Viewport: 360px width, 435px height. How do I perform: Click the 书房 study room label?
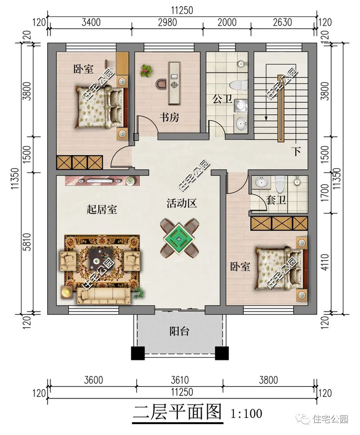(169, 117)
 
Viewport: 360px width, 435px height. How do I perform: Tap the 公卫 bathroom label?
(222, 99)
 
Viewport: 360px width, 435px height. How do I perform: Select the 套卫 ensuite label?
(276, 200)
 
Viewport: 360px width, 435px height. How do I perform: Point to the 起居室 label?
(102, 209)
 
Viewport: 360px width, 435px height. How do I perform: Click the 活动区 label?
(182, 203)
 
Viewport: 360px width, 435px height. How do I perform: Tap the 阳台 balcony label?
(179, 331)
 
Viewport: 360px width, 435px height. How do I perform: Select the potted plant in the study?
(146, 71)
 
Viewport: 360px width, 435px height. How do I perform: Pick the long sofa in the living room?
(103, 296)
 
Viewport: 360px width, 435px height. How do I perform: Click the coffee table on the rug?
(101, 258)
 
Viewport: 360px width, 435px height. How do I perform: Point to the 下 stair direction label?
(297, 152)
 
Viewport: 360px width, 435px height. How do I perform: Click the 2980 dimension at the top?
(167, 23)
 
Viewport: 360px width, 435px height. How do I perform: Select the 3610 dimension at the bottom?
(180, 380)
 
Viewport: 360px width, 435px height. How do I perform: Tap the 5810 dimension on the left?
(27, 242)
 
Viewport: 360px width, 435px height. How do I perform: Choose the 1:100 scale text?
(246, 413)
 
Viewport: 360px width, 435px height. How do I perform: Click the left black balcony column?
(138, 353)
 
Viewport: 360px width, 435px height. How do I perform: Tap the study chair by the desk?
(160, 84)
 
